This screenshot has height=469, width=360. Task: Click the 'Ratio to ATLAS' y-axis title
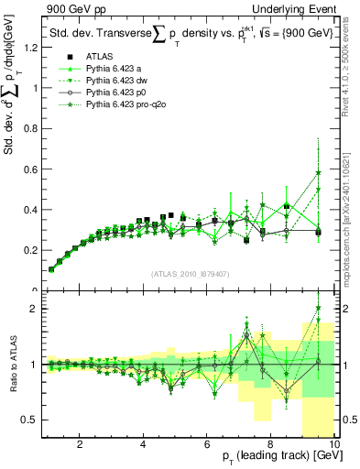click(11, 366)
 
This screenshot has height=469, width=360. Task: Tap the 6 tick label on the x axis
click(207, 442)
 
